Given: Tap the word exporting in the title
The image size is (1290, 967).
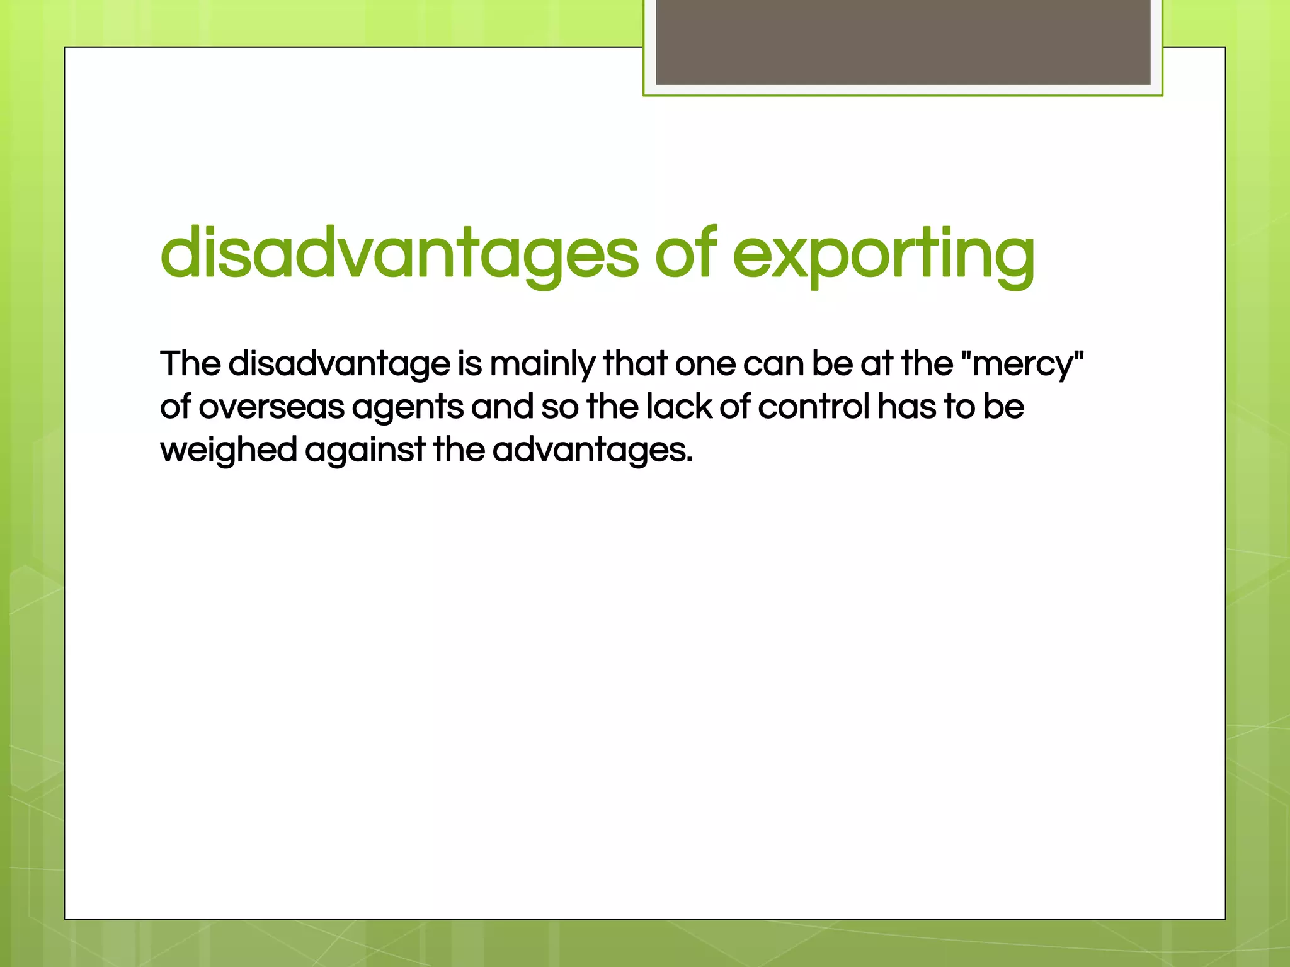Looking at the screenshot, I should pos(883,255).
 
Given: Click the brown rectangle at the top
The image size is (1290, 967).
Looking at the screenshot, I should pos(903,42).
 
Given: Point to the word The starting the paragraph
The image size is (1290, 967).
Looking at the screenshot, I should pos(190,363).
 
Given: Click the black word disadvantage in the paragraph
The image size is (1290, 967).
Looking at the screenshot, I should pos(339,365).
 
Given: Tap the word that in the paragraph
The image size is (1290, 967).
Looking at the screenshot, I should pos(634,363).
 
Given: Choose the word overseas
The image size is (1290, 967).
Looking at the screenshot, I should pos(271,407).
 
